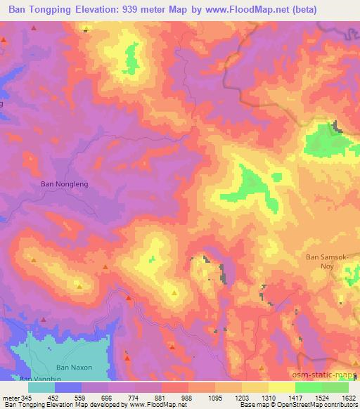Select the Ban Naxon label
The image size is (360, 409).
pos(74,368)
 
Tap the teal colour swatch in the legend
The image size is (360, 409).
pos(41,387)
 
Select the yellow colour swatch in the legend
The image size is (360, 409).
pos(281,387)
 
